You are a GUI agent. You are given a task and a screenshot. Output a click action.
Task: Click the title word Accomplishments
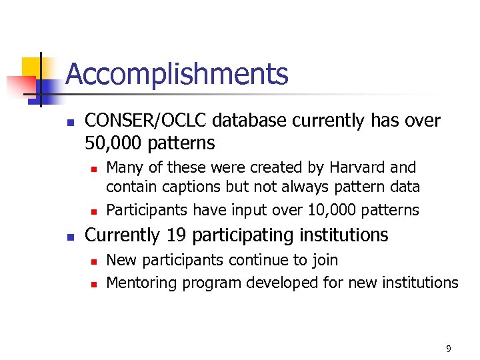click(177, 75)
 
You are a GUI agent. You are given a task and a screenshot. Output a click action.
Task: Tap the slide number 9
click(449, 349)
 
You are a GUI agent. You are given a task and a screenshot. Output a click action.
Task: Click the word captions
click(191, 187)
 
